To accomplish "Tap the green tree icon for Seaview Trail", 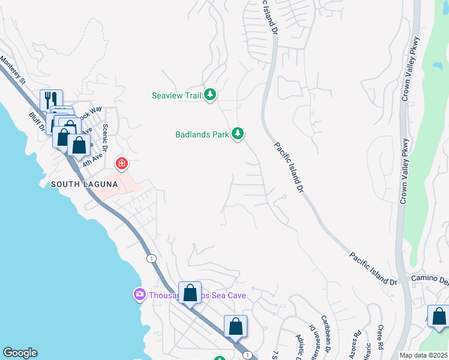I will pyautogui.click(x=209, y=94).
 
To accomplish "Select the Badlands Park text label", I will pyautogui.click(x=202, y=134).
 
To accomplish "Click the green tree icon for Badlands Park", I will pyautogui.click(x=238, y=133).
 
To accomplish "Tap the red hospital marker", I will pyautogui.click(x=121, y=163).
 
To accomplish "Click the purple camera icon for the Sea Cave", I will pyautogui.click(x=139, y=294).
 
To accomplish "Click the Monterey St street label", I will pyautogui.click(x=13, y=70).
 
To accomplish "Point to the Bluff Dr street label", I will pyautogui.click(x=36, y=122).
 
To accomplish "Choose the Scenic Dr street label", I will pyautogui.click(x=106, y=138).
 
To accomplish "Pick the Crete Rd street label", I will pyautogui.click(x=381, y=339).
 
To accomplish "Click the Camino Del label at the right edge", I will pyautogui.click(x=429, y=280).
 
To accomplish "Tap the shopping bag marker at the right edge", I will pyautogui.click(x=439, y=316).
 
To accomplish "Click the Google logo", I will pyautogui.click(x=20, y=353).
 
